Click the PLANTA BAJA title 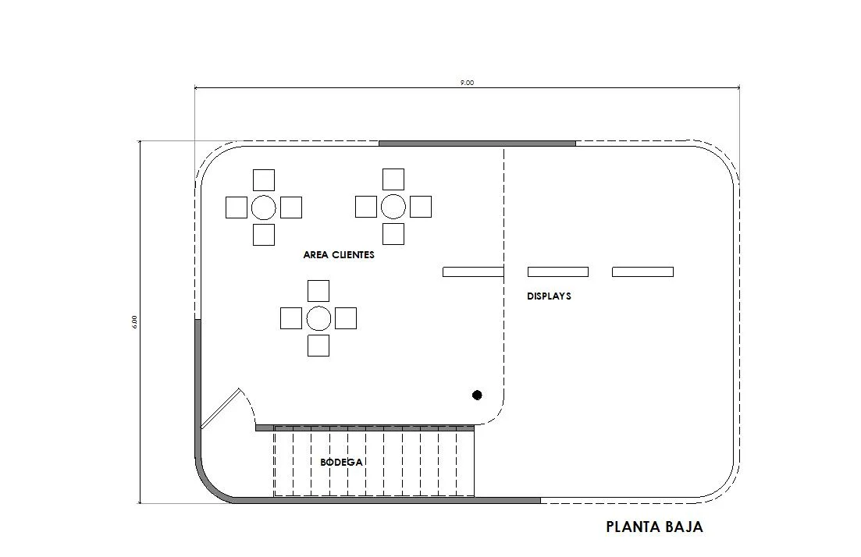click(x=654, y=527)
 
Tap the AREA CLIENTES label click(x=339, y=255)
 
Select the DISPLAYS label click(x=549, y=296)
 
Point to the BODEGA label click(x=342, y=463)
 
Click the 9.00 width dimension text click(x=467, y=83)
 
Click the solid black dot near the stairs click(x=477, y=396)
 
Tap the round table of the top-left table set click(x=264, y=208)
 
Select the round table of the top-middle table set click(x=393, y=207)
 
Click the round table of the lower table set click(x=318, y=318)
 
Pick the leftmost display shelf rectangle click(x=472, y=272)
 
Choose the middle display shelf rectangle click(x=557, y=272)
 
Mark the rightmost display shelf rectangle click(x=642, y=272)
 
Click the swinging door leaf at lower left click(x=220, y=409)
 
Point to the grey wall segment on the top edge click(x=477, y=144)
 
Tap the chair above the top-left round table click(x=264, y=180)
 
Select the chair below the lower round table click(x=318, y=346)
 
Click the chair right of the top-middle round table click(x=421, y=207)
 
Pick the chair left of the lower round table click(x=291, y=318)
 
